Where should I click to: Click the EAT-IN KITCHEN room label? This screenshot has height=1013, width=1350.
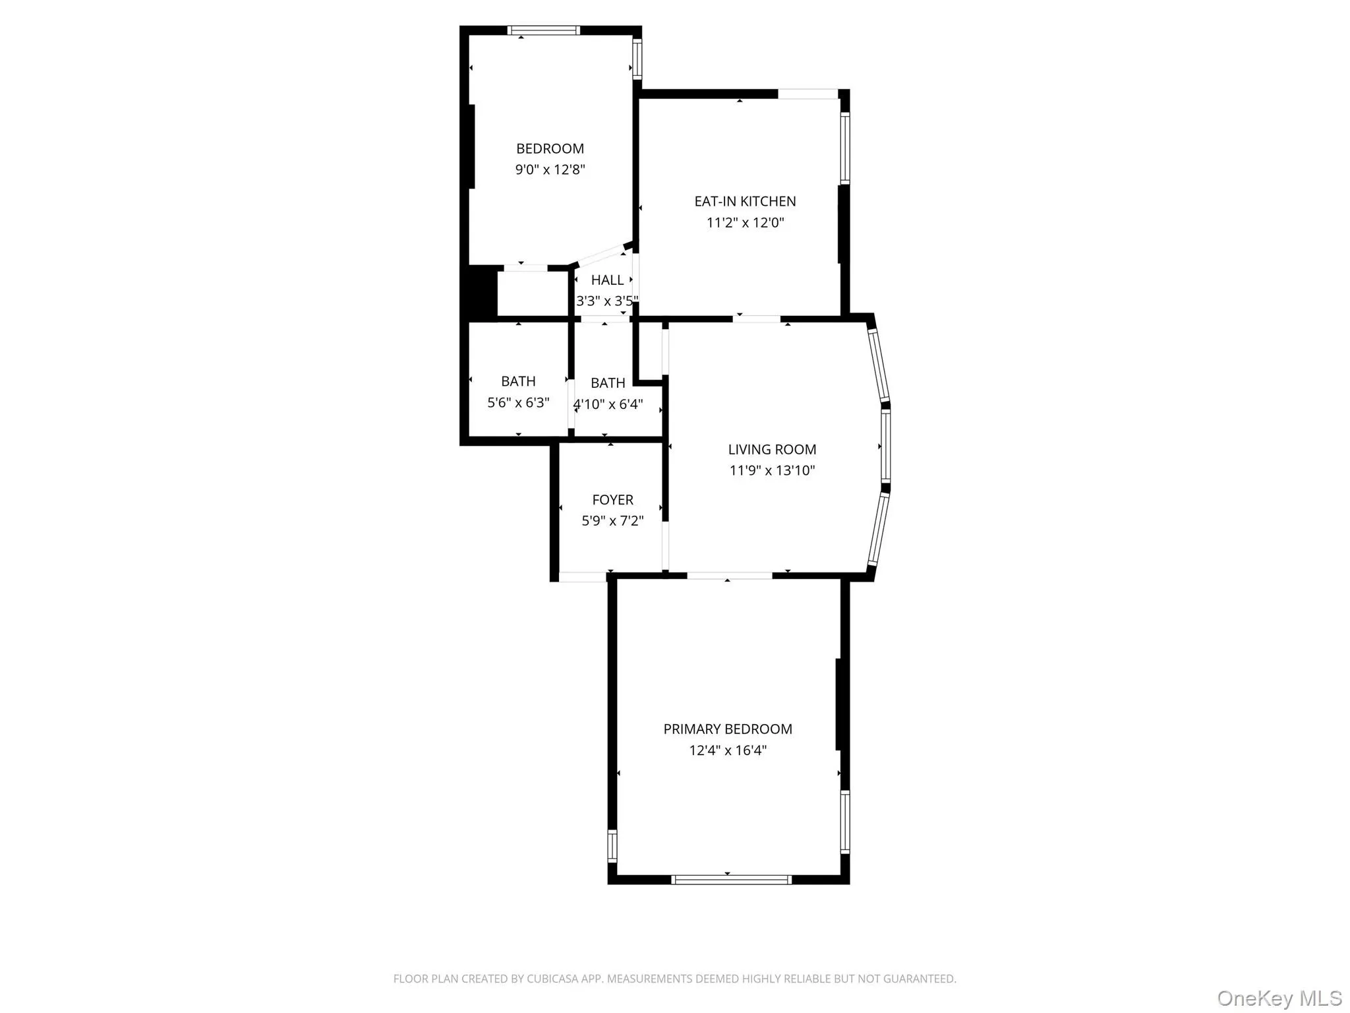coord(745,201)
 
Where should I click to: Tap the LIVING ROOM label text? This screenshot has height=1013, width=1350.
coord(772,449)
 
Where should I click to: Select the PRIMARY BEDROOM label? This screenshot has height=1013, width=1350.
coord(728,729)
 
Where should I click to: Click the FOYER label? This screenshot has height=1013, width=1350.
coord(612,500)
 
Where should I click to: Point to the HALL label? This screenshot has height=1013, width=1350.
coord(607,280)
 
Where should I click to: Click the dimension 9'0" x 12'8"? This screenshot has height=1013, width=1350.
coord(550,169)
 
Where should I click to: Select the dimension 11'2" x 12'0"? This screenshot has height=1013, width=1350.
coord(745,222)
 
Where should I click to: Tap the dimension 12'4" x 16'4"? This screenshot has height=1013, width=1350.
coord(728,750)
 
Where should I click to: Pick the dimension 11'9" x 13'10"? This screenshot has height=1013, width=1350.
coord(772,470)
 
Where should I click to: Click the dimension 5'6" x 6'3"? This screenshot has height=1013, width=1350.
coord(518,402)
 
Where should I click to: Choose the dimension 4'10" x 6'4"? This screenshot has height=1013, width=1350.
coord(608,404)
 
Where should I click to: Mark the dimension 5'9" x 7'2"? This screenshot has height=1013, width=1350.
coord(612,521)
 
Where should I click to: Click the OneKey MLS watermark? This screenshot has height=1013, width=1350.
coord(1279,998)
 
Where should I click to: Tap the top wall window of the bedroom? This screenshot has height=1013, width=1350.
coord(544,30)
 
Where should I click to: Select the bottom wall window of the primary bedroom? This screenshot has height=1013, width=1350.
coord(731,879)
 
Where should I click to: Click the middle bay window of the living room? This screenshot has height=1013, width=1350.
coord(886,446)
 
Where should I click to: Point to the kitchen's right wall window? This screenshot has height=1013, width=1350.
coord(844,148)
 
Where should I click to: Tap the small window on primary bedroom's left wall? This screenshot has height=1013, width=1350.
coord(612,845)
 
